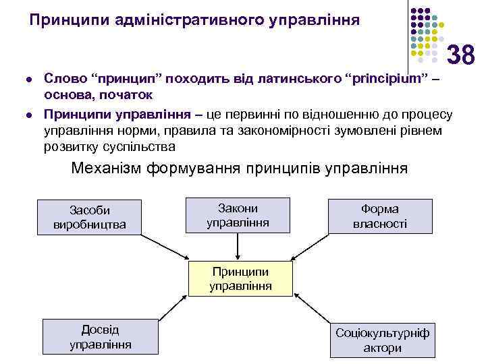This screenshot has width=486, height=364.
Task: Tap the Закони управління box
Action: coord(238,214)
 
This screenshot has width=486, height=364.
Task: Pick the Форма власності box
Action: coord(380,216)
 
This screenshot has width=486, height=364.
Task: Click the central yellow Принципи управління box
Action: coord(240,278)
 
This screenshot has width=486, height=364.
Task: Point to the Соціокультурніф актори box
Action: coord(382,340)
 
